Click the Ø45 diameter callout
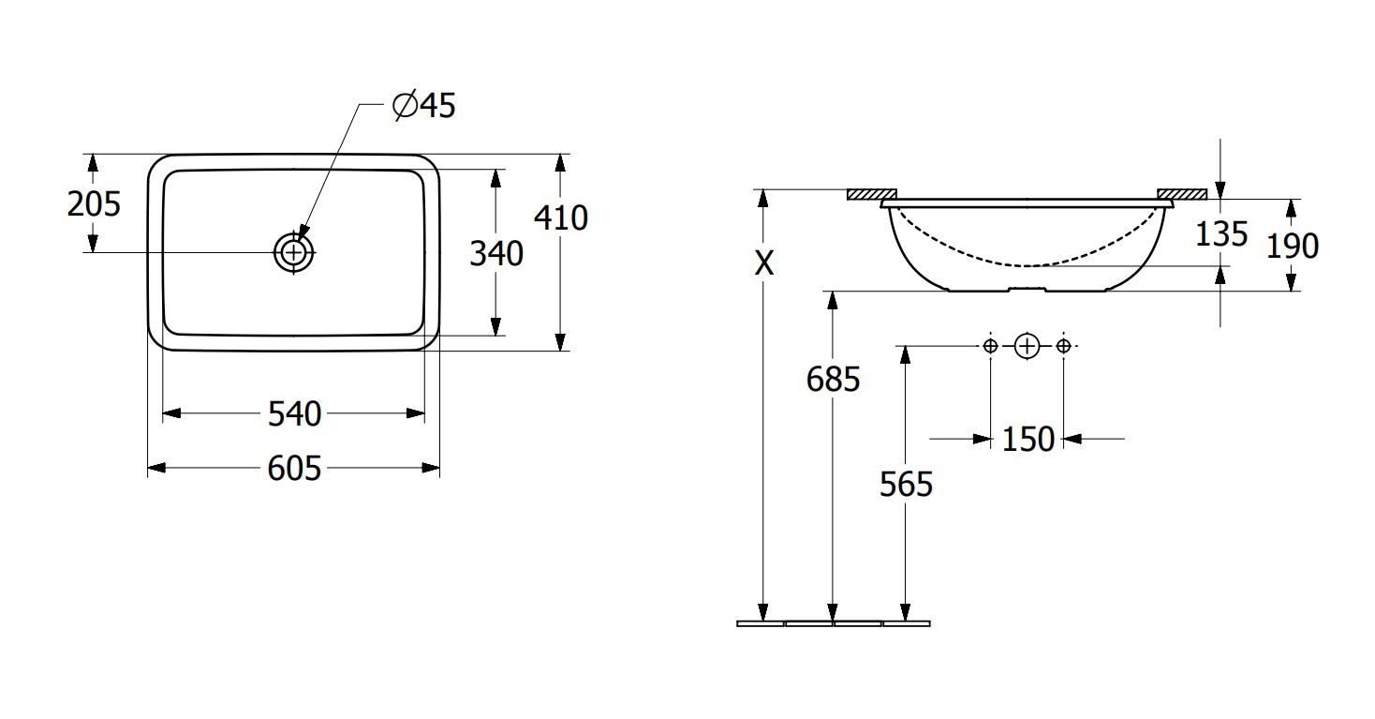tap(423, 105)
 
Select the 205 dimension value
tap(94, 204)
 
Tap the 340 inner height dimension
tap(496, 253)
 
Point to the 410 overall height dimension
tap(561, 217)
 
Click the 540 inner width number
tap(295, 413)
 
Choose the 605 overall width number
tap(294, 469)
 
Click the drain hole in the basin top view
tap(293, 252)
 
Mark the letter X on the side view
tap(763, 263)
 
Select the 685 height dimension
tap(833, 379)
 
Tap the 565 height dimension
tap(906, 485)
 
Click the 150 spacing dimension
tap(1028, 440)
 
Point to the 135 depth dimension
tap(1221, 234)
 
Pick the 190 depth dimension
tap(1293, 247)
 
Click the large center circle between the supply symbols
tap(1027, 347)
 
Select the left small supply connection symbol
tap(990, 347)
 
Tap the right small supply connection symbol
tap(1064, 347)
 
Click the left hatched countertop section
tap(872, 195)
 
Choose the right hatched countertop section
tap(1182, 195)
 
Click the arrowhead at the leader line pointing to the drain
tap(303, 233)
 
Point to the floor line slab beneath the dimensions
tap(833, 623)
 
